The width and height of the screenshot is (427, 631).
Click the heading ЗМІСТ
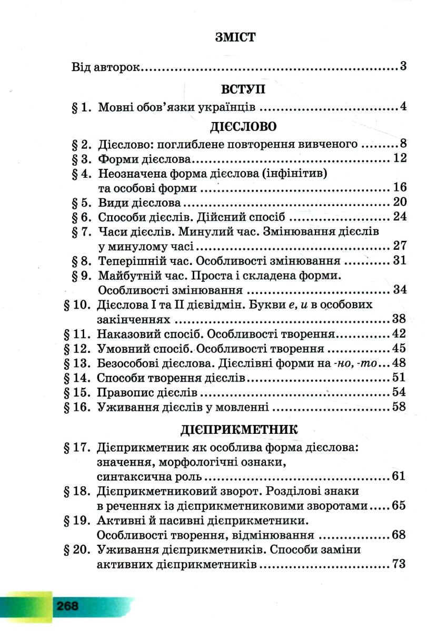click(235, 37)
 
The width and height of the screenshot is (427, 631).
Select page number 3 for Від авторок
click(403, 66)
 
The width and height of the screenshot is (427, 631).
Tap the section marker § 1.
click(81, 107)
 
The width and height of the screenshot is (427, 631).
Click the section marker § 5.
click(81, 202)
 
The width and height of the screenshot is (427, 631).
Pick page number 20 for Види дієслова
click(400, 202)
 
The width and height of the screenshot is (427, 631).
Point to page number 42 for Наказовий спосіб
click(400, 333)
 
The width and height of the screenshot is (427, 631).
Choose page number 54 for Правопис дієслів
click(400, 392)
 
